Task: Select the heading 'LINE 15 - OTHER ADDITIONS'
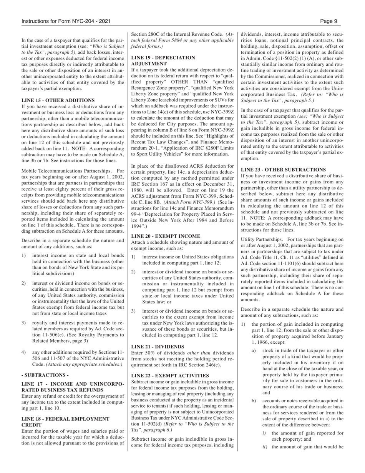(58, 100)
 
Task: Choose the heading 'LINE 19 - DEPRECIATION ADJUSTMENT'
(163, 60)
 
